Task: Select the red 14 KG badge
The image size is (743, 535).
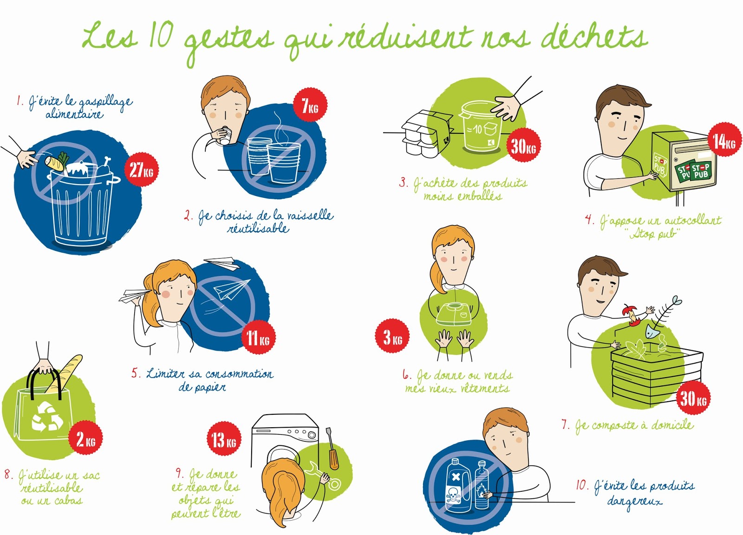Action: (x=724, y=141)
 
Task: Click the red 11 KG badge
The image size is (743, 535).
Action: (x=258, y=337)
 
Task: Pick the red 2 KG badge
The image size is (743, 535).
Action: (x=85, y=438)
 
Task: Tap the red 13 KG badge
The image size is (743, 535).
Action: (x=224, y=438)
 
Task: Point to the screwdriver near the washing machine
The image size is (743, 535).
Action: (x=332, y=449)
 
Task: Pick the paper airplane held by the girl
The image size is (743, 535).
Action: (x=135, y=295)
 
